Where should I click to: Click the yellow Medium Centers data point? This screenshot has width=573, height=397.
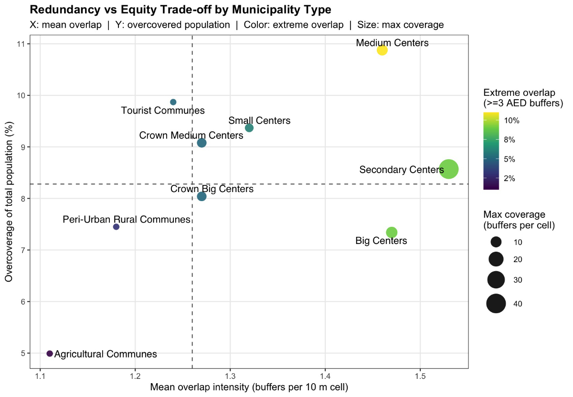[x=382, y=50]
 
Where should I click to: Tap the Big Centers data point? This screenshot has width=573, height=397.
[x=392, y=232]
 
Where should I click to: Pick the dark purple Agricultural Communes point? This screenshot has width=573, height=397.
[x=50, y=353]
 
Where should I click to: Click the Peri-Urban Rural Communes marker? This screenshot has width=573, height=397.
[x=116, y=227]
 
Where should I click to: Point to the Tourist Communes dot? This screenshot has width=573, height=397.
[x=173, y=102]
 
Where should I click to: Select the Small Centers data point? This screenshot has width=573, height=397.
[x=249, y=128]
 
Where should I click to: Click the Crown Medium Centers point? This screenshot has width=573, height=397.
[x=202, y=143]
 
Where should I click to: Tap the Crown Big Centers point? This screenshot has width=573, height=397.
[x=202, y=196]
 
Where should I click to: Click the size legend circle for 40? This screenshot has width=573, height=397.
[x=496, y=304]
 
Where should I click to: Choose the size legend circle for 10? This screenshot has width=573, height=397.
[x=496, y=242]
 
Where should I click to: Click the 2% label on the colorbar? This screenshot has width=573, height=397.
[x=509, y=178]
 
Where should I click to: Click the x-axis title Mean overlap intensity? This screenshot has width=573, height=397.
[x=249, y=387]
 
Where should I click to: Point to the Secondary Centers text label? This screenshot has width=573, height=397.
[x=395, y=170]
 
